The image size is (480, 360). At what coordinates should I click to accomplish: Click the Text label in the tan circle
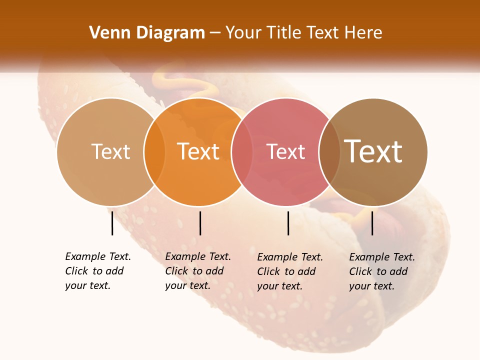(110, 151)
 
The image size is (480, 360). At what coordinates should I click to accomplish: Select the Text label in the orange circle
(198, 151)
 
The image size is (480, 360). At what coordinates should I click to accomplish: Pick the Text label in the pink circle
(286, 152)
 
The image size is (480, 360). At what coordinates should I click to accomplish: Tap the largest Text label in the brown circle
(373, 151)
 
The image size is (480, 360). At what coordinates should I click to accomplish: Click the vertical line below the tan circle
(112, 223)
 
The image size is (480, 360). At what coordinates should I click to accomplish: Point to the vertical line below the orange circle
(200, 223)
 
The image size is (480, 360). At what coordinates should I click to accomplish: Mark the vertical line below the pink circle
(288, 223)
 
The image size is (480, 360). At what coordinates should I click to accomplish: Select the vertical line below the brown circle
(372, 223)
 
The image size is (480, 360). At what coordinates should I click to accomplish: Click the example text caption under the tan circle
(98, 271)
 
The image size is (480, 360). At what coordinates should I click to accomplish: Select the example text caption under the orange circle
(198, 271)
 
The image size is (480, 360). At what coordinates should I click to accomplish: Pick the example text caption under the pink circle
(290, 271)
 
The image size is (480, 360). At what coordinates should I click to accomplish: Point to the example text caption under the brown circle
(382, 271)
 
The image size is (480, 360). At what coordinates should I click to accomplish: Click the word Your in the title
(244, 32)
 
